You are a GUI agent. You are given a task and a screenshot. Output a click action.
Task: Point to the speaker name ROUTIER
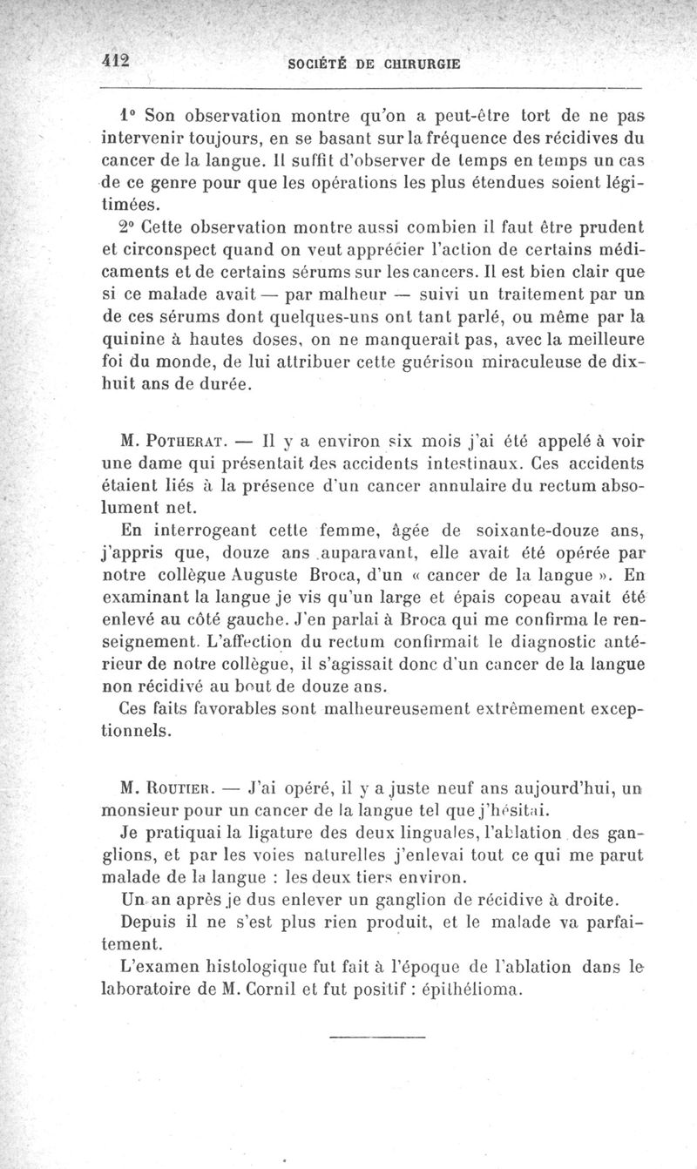181,791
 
